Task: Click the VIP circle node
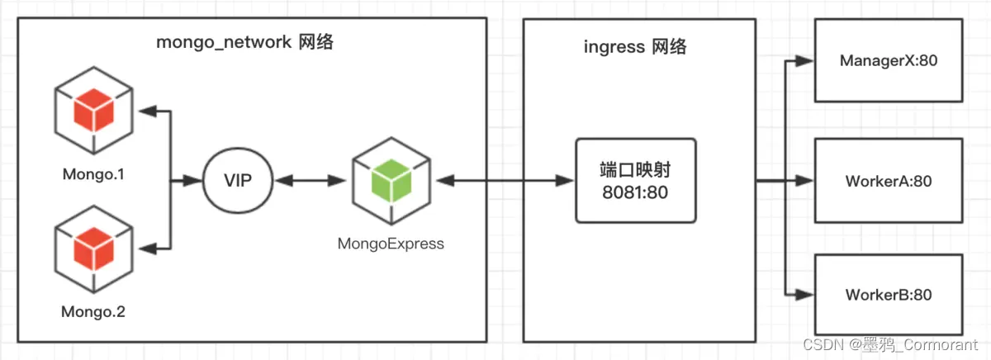[238, 180]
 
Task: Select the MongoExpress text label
[391, 244]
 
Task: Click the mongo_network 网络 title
[245, 42]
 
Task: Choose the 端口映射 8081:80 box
[636, 180]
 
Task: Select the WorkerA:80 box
[889, 181]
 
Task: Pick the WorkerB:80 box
[889, 295]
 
